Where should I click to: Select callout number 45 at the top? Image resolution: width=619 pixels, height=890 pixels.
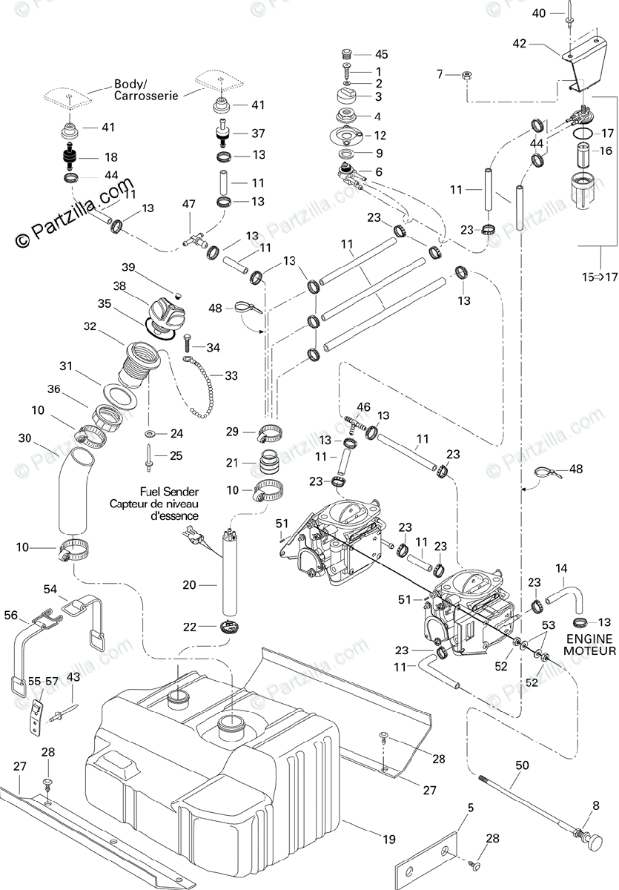click(382, 54)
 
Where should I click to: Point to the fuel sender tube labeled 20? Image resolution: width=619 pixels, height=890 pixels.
click(230, 572)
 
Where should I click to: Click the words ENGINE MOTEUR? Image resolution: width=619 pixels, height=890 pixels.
click(589, 645)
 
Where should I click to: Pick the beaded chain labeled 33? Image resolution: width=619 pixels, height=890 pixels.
click(202, 387)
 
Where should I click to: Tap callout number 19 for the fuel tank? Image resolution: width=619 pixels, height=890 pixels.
click(389, 839)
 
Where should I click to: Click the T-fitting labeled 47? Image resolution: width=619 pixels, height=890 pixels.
click(193, 239)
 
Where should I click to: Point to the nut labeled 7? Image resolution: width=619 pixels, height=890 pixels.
click(467, 74)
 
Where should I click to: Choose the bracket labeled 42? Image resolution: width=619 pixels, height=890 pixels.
click(583, 64)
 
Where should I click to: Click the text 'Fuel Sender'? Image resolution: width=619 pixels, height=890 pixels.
click(169, 492)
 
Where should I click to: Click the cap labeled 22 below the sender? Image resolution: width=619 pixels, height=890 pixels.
click(229, 627)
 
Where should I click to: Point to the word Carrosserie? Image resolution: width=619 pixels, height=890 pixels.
click(146, 96)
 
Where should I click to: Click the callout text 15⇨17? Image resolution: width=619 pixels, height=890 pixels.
click(600, 277)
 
